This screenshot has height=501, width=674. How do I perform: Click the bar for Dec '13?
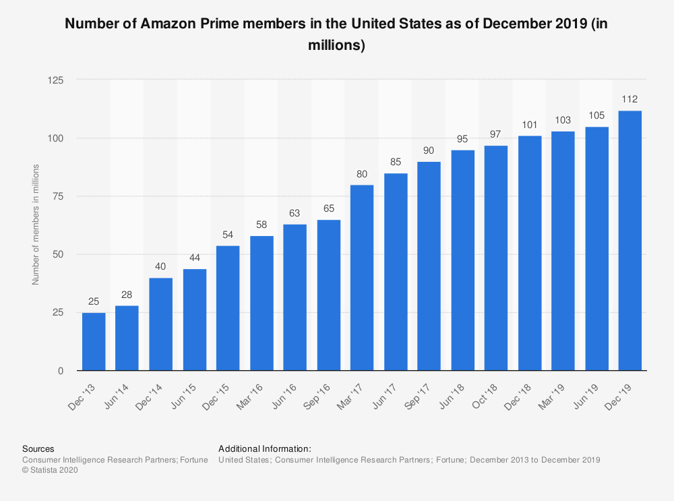pyautogui.click(x=94, y=341)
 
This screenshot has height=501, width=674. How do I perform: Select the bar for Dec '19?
pyautogui.click(x=630, y=241)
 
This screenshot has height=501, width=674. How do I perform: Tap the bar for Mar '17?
pyautogui.click(x=362, y=278)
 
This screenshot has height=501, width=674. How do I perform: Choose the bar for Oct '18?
pyautogui.click(x=496, y=258)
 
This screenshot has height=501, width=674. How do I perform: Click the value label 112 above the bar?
pyautogui.click(x=630, y=99)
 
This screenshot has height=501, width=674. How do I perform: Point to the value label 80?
pyautogui.click(x=362, y=173)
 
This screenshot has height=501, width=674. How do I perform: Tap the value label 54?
pyautogui.click(x=228, y=234)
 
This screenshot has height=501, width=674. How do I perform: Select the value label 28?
pyautogui.click(x=127, y=294)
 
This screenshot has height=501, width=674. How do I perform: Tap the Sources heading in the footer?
pyautogui.click(x=38, y=448)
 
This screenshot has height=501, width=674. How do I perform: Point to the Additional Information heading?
pyautogui.click(x=265, y=448)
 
